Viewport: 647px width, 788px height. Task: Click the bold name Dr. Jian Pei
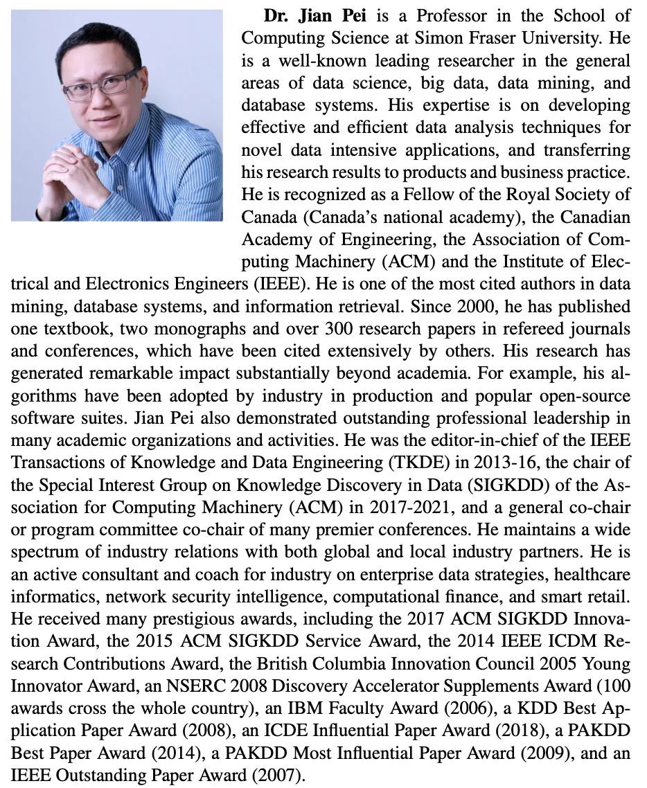(309, 16)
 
